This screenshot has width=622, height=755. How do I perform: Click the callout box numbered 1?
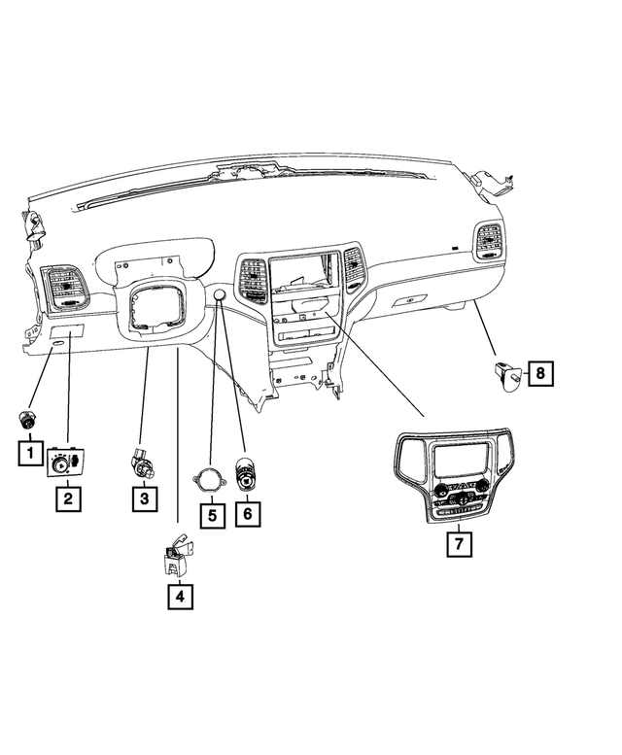(x=29, y=452)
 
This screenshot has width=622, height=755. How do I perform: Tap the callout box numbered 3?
(x=144, y=499)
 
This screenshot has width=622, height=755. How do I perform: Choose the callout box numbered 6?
(x=248, y=512)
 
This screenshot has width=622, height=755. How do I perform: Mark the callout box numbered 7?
(x=459, y=544)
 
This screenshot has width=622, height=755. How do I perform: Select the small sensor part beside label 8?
(x=507, y=371)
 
